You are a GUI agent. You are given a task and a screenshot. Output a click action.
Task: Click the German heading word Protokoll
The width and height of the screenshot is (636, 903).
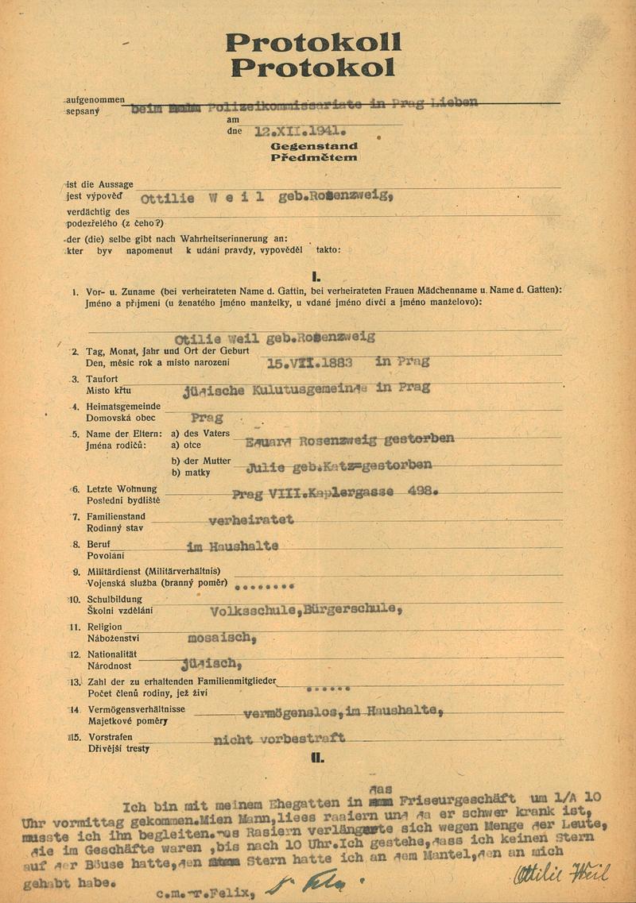pos(312,43)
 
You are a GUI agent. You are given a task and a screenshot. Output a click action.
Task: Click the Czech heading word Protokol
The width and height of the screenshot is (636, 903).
pos(312,68)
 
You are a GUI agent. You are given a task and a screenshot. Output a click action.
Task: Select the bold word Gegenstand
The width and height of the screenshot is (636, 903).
pos(313,147)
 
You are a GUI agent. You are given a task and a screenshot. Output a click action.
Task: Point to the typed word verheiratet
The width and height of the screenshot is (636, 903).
pos(251,520)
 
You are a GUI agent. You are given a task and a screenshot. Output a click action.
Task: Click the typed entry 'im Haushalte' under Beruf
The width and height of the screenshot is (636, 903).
pos(232,547)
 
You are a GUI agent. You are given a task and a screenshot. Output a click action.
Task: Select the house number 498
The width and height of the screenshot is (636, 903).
pos(418,492)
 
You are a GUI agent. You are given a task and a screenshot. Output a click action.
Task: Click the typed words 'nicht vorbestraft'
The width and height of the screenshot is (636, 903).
pos(279,739)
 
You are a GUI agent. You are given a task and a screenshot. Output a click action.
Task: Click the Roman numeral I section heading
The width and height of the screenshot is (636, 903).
pos(316,277)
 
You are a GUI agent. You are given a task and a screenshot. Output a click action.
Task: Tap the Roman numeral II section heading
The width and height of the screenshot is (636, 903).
pos(317,758)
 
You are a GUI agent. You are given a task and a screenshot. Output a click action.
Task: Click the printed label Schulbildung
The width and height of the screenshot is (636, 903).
pos(114,600)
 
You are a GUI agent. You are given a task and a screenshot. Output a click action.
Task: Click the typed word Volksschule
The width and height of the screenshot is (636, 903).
pos(252,610)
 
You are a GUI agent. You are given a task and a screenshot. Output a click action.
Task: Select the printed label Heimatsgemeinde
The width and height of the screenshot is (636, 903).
pos(123,407)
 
